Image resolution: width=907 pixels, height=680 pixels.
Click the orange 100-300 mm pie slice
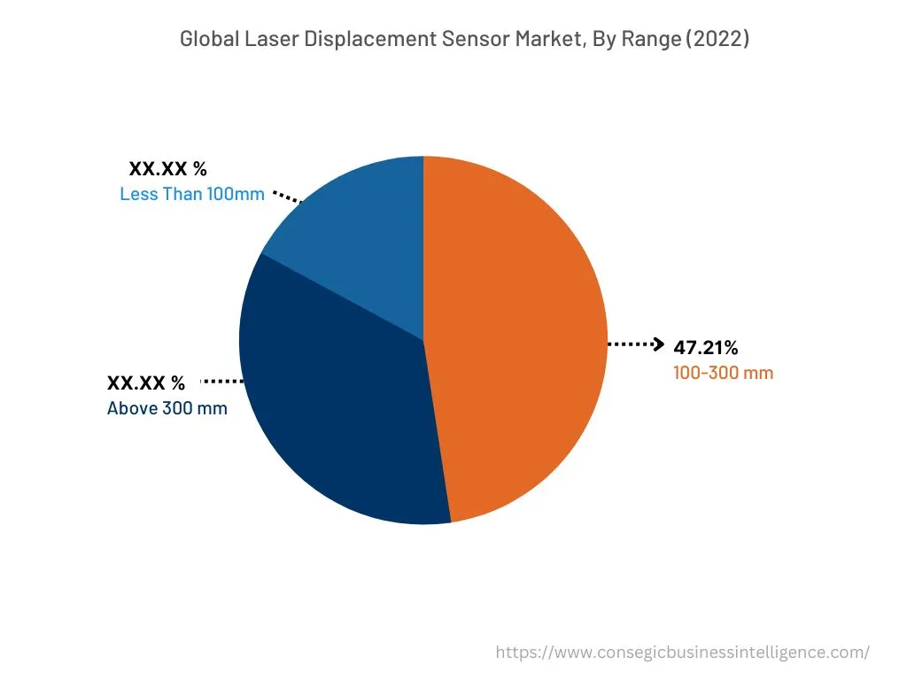pyautogui.click(x=523, y=336)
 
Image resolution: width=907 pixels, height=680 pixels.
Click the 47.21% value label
pyautogui.click(x=706, y=346)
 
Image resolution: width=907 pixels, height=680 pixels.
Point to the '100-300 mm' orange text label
pyautogui.click(x=723, y=373)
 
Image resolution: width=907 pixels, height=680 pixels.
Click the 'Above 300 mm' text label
pyautogui.click(x=167, y=408)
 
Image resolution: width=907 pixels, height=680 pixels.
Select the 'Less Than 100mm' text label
pyautogui.click(x=192, y=194)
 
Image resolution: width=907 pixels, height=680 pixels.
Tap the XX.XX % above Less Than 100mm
pyautogui.click(x=168, y=168)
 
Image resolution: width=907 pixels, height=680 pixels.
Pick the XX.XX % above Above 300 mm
pyautogui.click(x=146, y=383)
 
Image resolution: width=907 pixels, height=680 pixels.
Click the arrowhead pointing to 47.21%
pyautogui.click(x=657, y=344)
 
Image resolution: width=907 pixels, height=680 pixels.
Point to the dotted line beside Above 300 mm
pyautogui.click(x=222, y=382)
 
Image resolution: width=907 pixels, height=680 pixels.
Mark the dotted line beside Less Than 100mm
pyautogui.click(x=286, y=196)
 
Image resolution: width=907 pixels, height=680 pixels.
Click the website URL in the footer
pyautogui.click(x=682, y=653)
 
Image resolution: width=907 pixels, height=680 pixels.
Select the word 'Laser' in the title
pyautogui.click(x=265, y=39)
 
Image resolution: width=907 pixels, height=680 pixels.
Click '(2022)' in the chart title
pyautogui.click(x=721, y=39)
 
